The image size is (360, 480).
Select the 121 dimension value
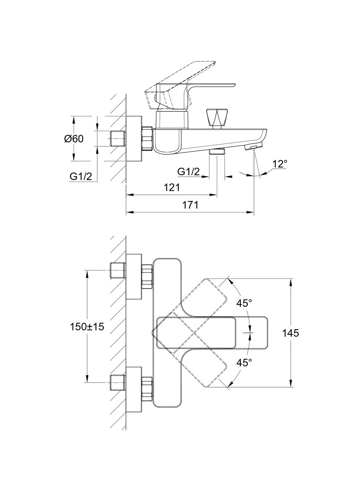click(x=172, y=187)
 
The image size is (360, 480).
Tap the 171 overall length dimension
click(x=190, y=205)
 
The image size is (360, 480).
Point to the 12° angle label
click(x=280, y=164)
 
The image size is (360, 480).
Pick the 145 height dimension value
click(x=290, y=333)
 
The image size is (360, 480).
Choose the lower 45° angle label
click(x=244, y=362)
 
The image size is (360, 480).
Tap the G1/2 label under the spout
click(x=189, y=172)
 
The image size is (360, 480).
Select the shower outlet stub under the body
click(x=217, y=152)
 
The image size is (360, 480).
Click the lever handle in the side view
click(x=188, y=86)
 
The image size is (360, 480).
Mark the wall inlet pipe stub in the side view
click(x=117, y=138)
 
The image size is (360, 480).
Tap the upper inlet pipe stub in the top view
click(x=117, y=270)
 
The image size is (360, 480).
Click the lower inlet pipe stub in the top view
click(x=117, y=383)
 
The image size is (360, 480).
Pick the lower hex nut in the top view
click(x=147, y=388)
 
